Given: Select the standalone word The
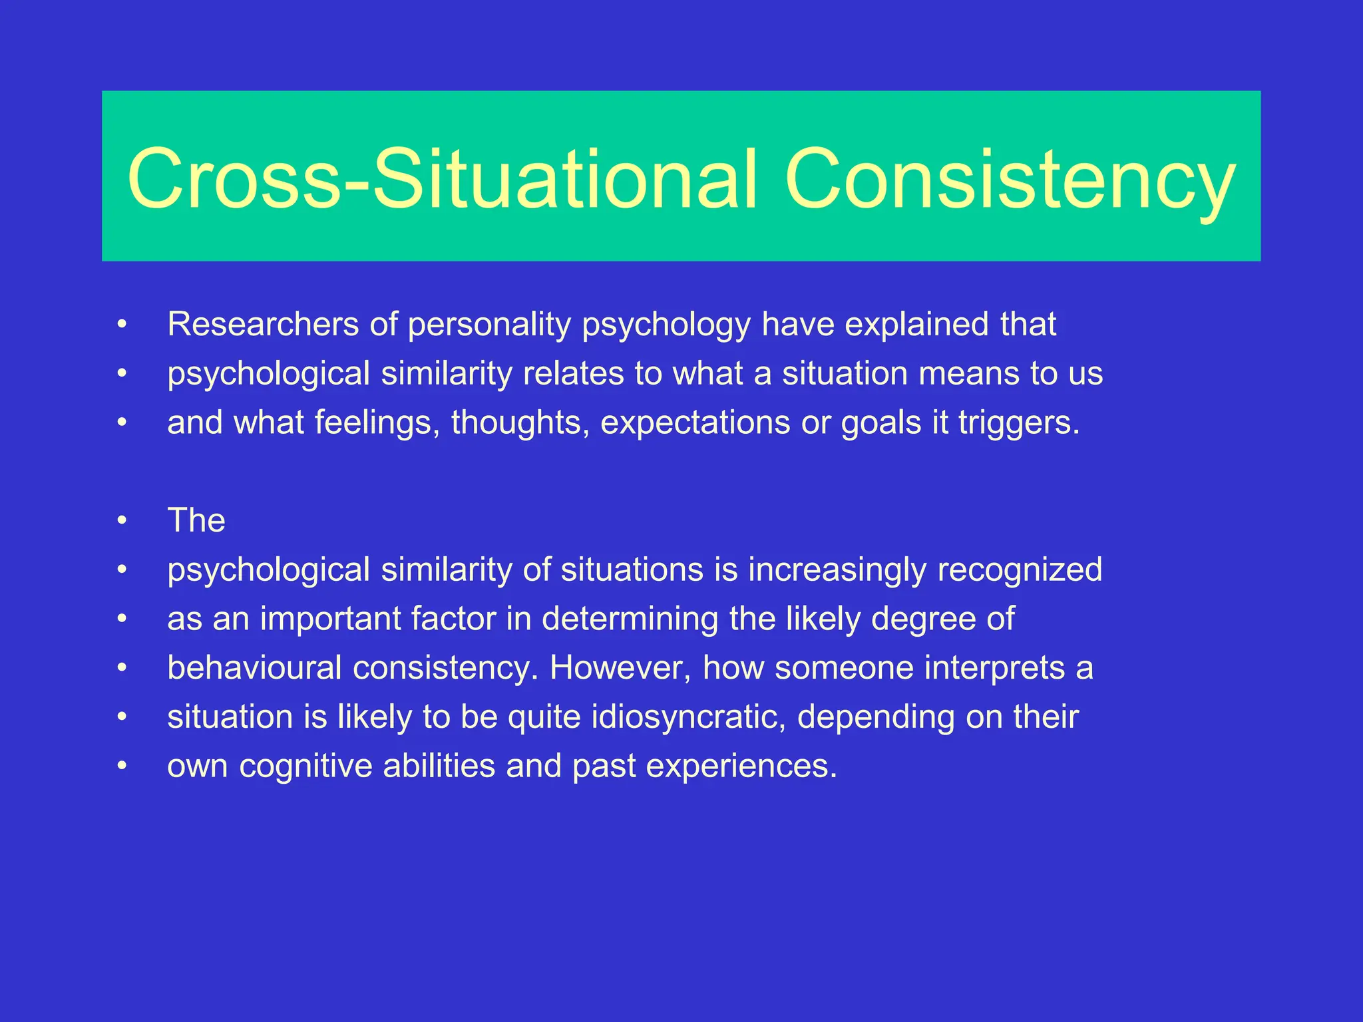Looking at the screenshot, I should coord(196,520).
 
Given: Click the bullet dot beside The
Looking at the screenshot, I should coord(122,521).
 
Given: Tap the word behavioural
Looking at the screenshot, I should coord(254,668).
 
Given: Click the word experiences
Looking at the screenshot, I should coord(741,766).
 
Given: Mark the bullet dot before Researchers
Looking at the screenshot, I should coord(122,325).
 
